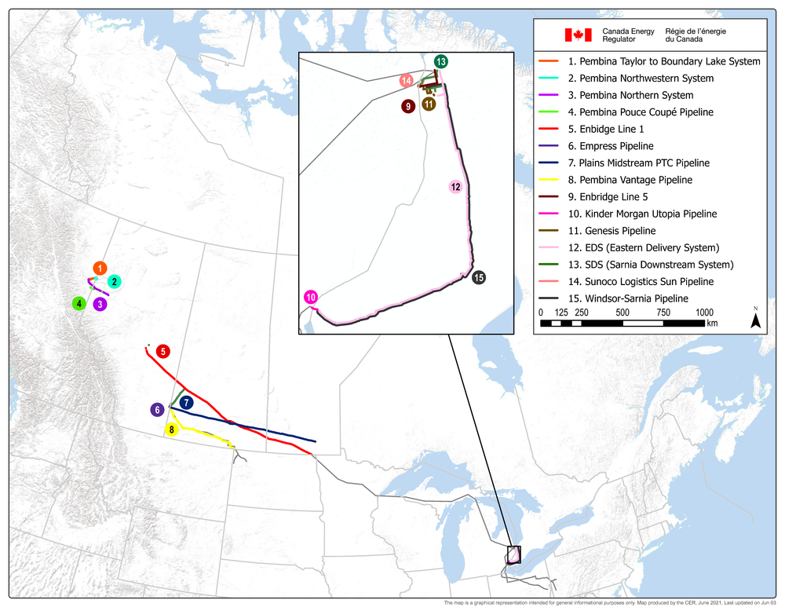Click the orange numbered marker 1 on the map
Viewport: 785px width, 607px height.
(99, 269)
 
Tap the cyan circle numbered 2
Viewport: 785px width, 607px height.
(114, 281)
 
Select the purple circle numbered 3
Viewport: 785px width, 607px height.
(100, 304)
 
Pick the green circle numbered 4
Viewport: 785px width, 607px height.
(78, 303)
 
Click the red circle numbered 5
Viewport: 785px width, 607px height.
(162, 351)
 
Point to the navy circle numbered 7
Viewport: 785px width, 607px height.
(186, 402)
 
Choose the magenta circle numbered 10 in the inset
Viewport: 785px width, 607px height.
(311, 297)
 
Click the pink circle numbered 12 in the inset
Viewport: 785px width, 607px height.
(455, 187)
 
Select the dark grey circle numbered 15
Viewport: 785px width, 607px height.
(479, 277)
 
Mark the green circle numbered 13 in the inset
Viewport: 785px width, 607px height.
(441, 61)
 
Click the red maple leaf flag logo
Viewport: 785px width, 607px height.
(578, 34)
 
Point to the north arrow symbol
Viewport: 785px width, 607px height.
(755, 319)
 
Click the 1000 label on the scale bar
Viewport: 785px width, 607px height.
(703, 312)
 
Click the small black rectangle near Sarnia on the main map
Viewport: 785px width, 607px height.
(514, 554)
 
